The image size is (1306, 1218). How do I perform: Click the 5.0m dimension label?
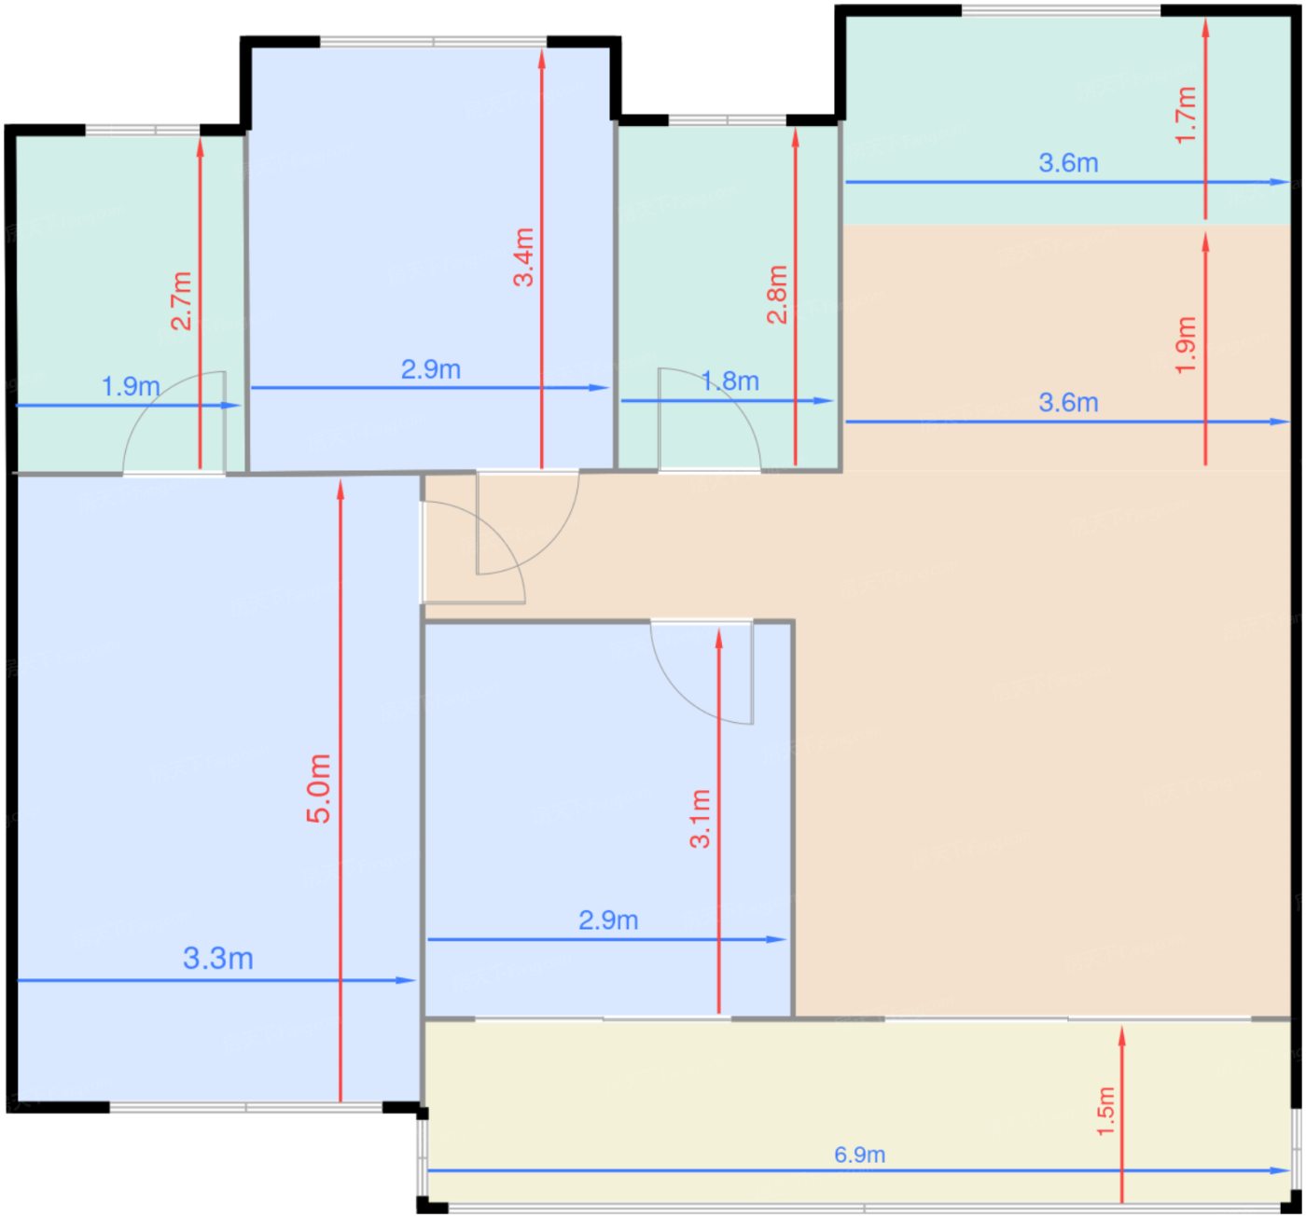[x=318, y=789]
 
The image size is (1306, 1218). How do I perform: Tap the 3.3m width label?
[x=218, y=958]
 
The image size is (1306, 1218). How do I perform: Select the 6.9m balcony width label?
[x=859, y=1136]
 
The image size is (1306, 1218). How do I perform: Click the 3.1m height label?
[x=700, y=819]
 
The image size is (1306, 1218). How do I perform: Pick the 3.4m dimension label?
[x=523, y=257]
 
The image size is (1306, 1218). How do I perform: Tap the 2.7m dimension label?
[x=181, y=300]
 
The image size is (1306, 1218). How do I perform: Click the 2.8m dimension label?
[x=777, y=294]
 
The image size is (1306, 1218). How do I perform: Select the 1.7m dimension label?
[x=1186, y=115]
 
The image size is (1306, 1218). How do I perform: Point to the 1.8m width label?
[x=729, y=381]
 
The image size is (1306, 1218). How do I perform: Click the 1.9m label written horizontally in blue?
[x=131, y=386]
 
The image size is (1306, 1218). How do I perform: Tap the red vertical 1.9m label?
[x=1186, y=345]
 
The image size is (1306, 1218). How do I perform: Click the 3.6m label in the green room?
[x=1069, y=163]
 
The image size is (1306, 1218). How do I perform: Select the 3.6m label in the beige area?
[x=1069, y=403]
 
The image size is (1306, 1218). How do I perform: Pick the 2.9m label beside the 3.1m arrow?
[x=608, y=920]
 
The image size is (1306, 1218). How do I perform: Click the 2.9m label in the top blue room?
[x=431, y=369]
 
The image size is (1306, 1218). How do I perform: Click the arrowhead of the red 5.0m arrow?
[x=340, y=491]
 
